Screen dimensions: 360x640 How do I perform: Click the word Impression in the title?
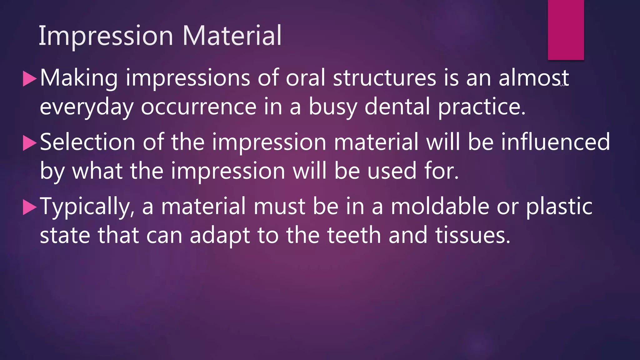pyautogui.click(x=106, y=36)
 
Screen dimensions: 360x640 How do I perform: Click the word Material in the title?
pyautogui.click(x=232, y=36)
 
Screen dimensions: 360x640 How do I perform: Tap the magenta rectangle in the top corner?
pyautogui.click(x=566, y=30)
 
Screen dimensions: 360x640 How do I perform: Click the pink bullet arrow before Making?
pyautogui.click(x=30, y=79)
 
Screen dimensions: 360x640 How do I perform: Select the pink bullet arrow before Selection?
pyautogui.click(x=30, y=143)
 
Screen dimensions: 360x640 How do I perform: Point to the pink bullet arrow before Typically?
pyautogui.click(x=30, y=207)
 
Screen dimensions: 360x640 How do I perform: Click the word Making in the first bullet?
pyautogui.click(x=79, y=78)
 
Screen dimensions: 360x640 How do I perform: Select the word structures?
pyautogui.click(x=384, y=78)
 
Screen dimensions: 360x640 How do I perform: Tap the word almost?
pyautogui.click(x=533, y=78)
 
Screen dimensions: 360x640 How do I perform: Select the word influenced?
pyautogui.click(x=555, y=142)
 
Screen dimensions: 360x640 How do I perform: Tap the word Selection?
pyautogui.click(x=87, y=142)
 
